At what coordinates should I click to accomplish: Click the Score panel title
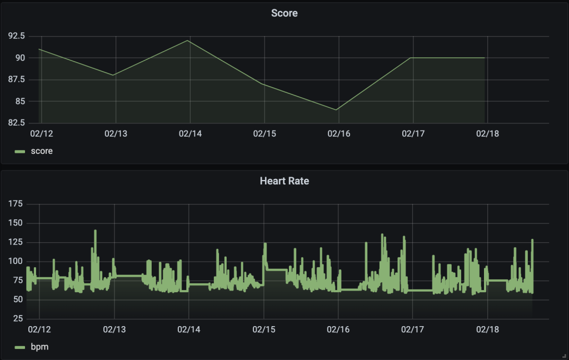[284, 13]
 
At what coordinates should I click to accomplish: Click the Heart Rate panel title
[284, 181]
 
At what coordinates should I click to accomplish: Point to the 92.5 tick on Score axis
[16, 36]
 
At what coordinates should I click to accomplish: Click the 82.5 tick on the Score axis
[16, 122]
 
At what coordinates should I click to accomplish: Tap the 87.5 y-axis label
[16, 79]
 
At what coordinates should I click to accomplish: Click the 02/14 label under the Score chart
[189, 134]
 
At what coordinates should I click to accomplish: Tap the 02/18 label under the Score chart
[487, 134]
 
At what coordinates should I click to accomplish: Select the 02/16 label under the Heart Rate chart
[338, 329]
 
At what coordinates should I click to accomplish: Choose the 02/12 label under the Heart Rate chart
[40, 329]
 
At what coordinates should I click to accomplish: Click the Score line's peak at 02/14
[189, 41]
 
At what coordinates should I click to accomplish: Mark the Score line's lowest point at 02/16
[337, 110]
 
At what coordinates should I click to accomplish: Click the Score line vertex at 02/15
[263, 84]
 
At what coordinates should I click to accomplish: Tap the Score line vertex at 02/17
[411, 58]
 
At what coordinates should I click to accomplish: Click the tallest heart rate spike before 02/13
[95, 231]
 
